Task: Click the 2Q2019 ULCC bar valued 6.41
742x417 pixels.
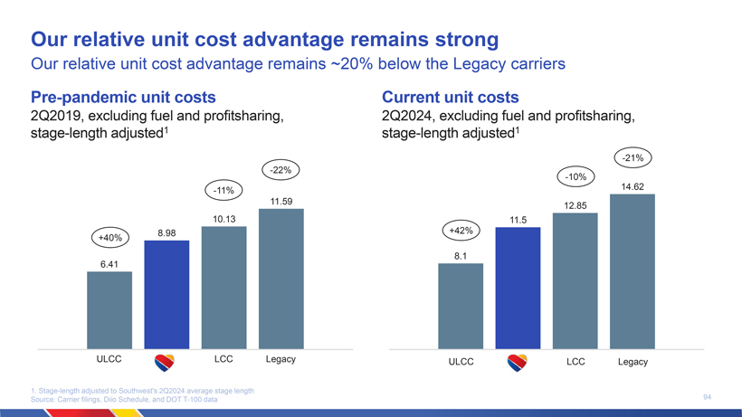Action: point(109,309)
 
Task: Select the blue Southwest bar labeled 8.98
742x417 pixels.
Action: point(166,294)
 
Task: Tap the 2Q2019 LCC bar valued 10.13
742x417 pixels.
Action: point(224,287)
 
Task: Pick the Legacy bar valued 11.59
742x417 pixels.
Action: point(281,279)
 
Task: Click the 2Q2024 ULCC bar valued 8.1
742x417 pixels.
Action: point(460,306)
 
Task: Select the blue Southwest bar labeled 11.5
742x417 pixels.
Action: point(518,288)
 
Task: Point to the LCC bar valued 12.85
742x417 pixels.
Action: point(575,280)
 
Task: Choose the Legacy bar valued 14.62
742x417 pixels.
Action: point(632,271)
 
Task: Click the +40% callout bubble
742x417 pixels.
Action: point(109,237)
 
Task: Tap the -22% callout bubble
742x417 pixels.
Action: point(281,170)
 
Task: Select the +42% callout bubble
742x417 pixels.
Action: point(461,231)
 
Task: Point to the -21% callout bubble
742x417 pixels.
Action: point(633,158)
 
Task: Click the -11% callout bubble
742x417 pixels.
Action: point(224,190)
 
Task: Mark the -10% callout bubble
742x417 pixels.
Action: point(576,176)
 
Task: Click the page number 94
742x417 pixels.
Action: point(707,396)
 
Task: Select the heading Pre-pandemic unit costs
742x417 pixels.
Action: point(123,97)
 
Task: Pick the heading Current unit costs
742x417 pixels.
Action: point(451,97)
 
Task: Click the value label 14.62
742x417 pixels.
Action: point(632,186)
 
